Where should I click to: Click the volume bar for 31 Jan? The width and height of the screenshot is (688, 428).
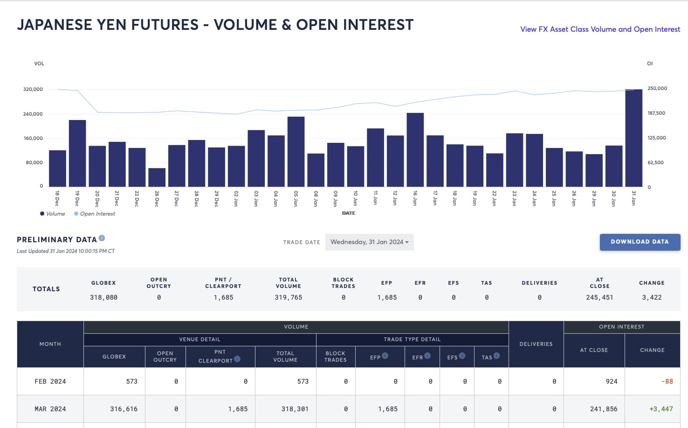[633, 138]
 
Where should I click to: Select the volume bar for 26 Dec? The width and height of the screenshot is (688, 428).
[157, 177]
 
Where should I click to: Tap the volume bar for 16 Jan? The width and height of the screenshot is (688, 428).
[415, 150]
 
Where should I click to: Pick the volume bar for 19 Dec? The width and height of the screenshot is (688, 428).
[77, 153]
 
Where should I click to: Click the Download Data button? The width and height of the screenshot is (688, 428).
[640, 242]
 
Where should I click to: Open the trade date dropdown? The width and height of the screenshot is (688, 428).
[370, 242]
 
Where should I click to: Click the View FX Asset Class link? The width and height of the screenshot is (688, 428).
[600, 29]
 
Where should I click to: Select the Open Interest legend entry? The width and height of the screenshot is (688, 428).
[95, 214]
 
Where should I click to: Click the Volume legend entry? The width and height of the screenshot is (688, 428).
[53, 214]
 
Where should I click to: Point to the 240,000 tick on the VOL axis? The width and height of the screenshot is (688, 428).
[33, 114]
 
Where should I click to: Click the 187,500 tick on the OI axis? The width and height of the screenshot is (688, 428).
[656, 113]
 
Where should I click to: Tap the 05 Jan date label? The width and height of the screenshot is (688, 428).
[296, 199]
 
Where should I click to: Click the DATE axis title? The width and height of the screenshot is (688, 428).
[349, 213]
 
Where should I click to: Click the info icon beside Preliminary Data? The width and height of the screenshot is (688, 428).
[102, 239]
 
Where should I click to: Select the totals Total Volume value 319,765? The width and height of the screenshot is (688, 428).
[289, 297]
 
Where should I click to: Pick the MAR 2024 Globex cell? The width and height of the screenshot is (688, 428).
[124, 409]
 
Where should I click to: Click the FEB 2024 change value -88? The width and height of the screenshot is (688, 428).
[667, 381]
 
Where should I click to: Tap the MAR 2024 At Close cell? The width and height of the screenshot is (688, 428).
[604, 409]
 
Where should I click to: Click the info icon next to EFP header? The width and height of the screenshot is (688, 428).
[385, 356]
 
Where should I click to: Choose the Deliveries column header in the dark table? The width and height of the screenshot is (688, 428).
[536, 344]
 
